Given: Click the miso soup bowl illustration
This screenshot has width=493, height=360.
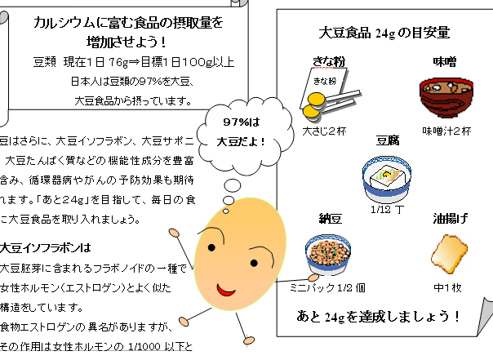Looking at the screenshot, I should (438, 99).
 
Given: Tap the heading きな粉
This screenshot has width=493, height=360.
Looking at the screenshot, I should (329, 60).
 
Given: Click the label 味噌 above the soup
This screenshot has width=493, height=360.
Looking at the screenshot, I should (445, 60).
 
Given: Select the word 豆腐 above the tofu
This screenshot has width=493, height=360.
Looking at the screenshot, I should (387, 140).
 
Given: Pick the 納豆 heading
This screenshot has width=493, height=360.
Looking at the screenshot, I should (331, 218).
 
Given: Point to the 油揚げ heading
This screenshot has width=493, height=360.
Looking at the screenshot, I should (451, 218).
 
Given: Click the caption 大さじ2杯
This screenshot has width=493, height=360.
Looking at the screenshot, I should (324, 129).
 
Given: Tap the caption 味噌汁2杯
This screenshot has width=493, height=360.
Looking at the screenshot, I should (446, 131).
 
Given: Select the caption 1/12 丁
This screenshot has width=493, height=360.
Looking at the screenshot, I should (387, 209).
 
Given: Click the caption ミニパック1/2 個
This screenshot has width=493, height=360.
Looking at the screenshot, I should (327, 287).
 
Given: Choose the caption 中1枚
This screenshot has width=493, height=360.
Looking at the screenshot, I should (447, 287).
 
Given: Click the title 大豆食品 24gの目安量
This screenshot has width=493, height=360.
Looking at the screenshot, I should (384, 33).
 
